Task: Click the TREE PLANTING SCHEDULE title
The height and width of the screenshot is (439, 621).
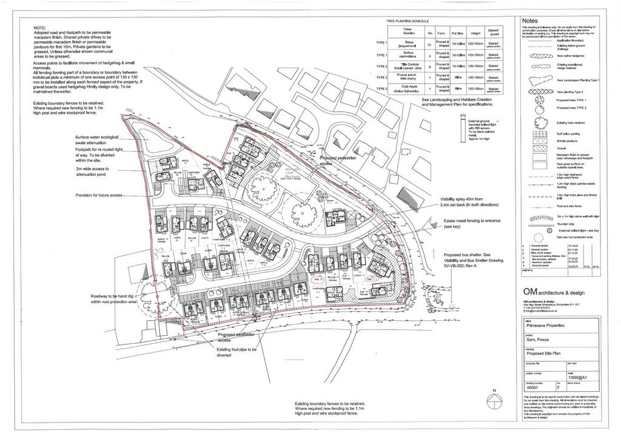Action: pyautogui.click(x=408, y=22)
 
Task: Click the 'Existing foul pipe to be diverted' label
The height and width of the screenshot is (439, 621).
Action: pyautogui.click(x=237, y=353)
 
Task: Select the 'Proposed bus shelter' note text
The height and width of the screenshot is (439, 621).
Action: pyautogui.click(x=470, y=258)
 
